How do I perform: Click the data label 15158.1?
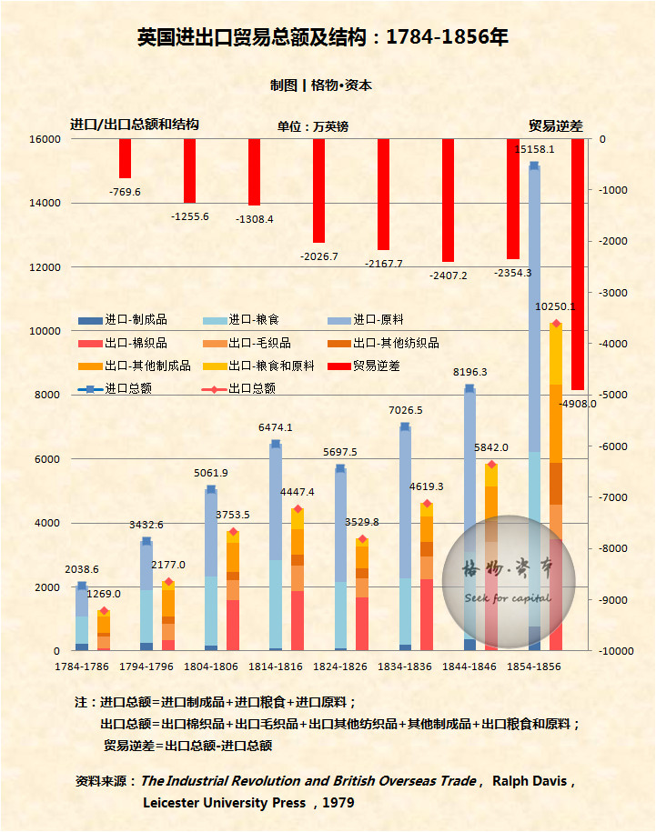point(533,149)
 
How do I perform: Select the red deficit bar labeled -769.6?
point(125,158)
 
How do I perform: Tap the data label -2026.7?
point(318,256)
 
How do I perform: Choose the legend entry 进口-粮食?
point(254,320)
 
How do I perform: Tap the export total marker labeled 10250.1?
point(556,324)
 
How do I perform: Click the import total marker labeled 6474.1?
point(276,444)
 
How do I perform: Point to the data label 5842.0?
point(491,447)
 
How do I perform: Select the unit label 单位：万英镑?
point(312,126)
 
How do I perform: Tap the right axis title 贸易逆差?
point(555,125)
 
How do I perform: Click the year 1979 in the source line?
point(336,803)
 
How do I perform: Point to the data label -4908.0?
point(579,404)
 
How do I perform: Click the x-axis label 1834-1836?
point(406,667)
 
